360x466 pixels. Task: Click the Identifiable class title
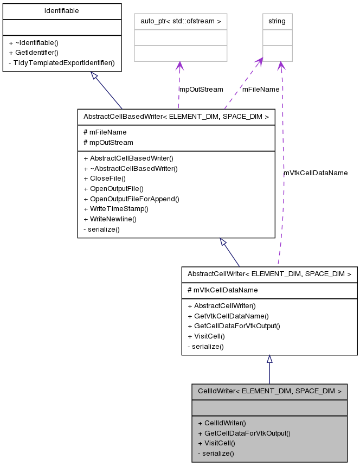coord(61,11)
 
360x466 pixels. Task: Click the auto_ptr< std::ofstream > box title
coord(180,21)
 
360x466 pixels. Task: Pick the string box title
coord(277,21)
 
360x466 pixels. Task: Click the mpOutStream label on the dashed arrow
coord(201,89)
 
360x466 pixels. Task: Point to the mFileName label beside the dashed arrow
coord(261,89)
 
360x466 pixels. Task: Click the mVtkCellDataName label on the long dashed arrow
coord(316,173)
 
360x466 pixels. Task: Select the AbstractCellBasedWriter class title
coord(176,116)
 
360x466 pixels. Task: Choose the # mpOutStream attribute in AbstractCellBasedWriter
coord(108,142)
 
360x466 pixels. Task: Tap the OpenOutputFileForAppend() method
coord(131,199)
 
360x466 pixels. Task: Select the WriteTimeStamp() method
coord(115,209)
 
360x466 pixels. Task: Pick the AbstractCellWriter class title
coord(269,274)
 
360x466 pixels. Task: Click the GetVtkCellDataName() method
coord(228,315)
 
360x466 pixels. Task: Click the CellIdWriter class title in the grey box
coord(269,391)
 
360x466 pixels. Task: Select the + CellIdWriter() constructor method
coord(222,423)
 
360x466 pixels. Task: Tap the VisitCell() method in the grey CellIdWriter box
coord(216,443)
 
